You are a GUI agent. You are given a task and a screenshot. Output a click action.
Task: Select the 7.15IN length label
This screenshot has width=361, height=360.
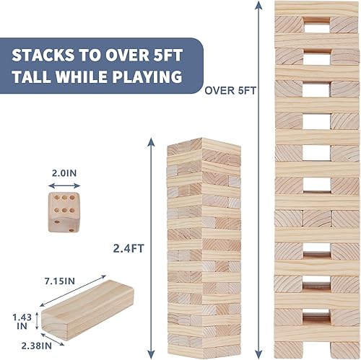[x=63, y=279]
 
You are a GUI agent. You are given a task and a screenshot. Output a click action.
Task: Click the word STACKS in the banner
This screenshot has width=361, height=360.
[x=54, y=55]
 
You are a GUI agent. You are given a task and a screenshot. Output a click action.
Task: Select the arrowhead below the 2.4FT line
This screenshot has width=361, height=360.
[x=149, y=354]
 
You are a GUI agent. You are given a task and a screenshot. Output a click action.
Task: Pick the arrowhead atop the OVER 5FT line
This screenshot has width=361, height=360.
[x=258, y=6]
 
